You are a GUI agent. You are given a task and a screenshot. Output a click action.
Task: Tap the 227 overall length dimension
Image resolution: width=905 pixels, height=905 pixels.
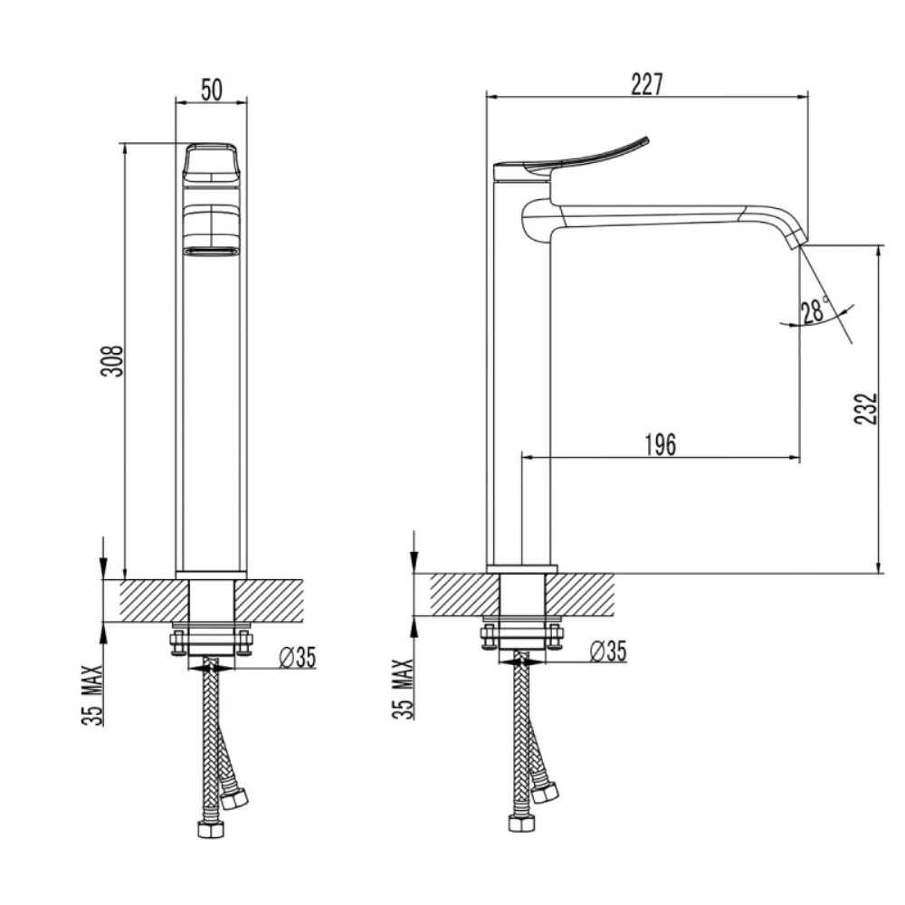[647, 84]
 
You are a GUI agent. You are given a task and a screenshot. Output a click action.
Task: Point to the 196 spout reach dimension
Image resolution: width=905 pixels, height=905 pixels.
[661, 444]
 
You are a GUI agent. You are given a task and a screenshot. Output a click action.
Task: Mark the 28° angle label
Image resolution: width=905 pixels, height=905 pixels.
[814, 311]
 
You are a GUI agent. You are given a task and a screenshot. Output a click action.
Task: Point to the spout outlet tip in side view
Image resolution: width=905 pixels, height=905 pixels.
[796, 239]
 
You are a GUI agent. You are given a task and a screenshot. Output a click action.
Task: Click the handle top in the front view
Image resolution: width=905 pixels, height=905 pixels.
[211, 162]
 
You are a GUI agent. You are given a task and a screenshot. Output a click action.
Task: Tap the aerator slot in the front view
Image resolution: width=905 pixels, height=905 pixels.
[211, 251]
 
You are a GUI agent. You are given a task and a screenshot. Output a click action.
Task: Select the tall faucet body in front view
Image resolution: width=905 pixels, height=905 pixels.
[211, 407]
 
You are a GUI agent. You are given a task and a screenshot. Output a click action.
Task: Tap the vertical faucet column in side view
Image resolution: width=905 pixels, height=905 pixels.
[519, 380]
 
